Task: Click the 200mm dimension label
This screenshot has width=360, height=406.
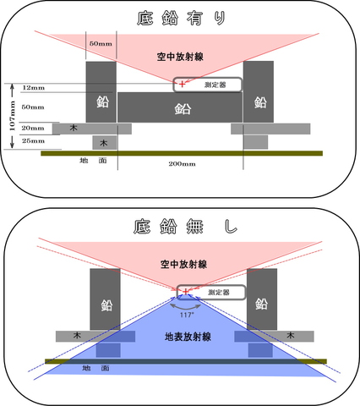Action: coord(182,164)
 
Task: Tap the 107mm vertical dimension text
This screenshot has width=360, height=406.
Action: coord(13,116)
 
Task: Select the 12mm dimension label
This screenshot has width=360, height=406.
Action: coord(33,88)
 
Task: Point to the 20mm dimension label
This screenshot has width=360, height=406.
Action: coord(33,128)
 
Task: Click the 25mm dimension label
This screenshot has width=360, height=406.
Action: coord(33,140)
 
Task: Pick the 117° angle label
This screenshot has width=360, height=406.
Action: coord(187,315)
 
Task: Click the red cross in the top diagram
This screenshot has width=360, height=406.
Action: coord(183,84)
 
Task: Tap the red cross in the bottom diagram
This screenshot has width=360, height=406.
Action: coord(186,291)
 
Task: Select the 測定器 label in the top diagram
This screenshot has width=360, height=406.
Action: coord(215,85)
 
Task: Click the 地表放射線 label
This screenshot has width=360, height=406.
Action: coord(188,337)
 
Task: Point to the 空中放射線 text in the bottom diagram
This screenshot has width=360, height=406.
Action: coord(183,264)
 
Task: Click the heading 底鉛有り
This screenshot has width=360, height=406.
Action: coord(182,19)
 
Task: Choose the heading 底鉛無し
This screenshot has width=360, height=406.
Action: coord(185,227)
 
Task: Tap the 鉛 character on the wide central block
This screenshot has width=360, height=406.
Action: coord(183,109)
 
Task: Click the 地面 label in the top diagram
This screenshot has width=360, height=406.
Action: coord(93,161)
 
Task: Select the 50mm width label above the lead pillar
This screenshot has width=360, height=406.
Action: coord(101,44)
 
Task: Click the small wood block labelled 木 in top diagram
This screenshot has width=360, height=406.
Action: coord(105,143)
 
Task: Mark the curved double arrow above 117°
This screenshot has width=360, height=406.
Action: coord(186,306)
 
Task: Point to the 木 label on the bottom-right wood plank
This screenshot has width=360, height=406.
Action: coord(291,335)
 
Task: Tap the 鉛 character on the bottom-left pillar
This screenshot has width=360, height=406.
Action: coord(106,305)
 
